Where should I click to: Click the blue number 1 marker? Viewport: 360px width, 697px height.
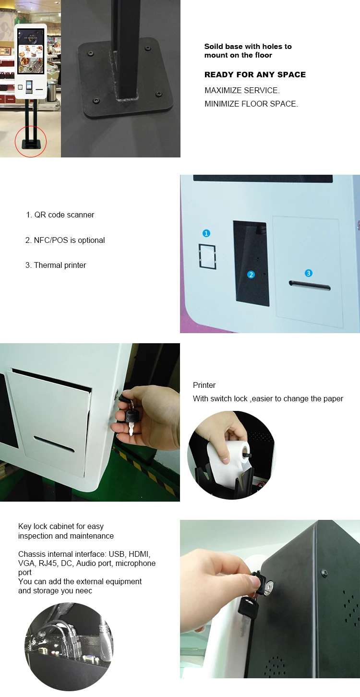tap(206, 233)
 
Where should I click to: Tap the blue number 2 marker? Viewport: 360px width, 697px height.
tap(251, 275)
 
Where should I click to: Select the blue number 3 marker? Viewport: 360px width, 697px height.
tap(309, 273)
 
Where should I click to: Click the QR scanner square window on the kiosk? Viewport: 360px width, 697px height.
tap(207, 255)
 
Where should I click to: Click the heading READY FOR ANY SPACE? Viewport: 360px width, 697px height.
tap(255, 75)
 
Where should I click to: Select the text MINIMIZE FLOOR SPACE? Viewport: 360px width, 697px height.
tap(251, 104)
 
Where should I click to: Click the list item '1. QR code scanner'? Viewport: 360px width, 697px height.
tap(60, 215)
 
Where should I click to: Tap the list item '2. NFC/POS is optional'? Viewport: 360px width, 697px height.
tap(65, 240)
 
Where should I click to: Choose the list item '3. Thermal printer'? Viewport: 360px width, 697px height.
tap(56, 265)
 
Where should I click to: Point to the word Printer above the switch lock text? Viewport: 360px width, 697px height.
tap(204, 385)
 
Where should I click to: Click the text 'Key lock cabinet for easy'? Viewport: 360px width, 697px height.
tap(61, 527)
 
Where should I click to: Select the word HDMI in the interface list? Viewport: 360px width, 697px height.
tap(139, 554)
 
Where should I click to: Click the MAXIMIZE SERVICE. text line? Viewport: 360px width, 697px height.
tap(242, 90)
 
